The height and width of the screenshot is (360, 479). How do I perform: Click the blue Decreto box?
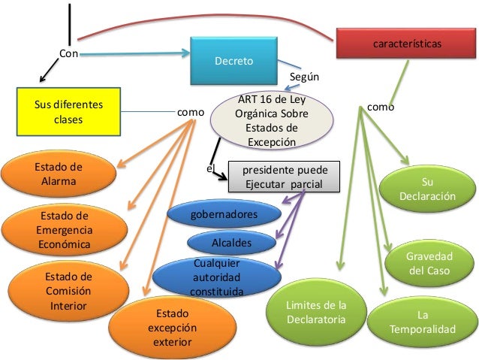(234, 61)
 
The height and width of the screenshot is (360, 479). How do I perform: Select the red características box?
(406, 44)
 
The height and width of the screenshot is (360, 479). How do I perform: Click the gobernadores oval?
(224, 215)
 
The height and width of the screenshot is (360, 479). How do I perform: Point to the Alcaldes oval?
(230, 242)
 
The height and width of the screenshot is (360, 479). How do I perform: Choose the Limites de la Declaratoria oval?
(316, 312)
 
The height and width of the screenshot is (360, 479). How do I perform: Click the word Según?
(304, 77)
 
